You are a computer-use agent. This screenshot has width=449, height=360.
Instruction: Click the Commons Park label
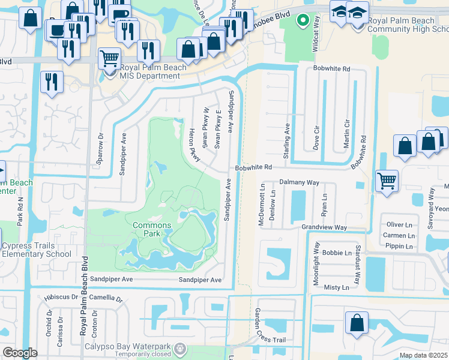point(152,229)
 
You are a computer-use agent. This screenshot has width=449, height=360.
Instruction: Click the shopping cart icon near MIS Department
point(109,59)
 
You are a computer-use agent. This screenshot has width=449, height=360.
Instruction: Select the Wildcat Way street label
point(315,41)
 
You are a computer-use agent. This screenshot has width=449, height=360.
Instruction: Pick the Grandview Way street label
point(324,227)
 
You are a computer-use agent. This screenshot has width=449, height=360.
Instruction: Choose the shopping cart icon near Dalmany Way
point(387,179)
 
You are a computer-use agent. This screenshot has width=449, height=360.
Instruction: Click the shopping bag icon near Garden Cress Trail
point(357,323)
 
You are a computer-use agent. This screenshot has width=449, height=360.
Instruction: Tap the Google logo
point(20,353)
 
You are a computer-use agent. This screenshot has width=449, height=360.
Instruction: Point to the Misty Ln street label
point(336,287)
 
